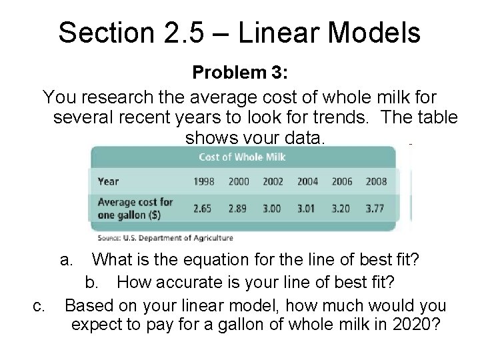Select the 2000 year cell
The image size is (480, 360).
238,181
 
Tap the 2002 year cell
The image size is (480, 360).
273,181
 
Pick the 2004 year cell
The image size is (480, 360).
308,181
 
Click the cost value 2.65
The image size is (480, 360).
203,208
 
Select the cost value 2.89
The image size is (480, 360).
238,208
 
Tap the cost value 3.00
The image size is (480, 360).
273,208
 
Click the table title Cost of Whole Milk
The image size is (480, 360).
243,157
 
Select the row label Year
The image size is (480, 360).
108,181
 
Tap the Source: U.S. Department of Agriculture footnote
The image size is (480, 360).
165,237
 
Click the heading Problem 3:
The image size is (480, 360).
239,71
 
